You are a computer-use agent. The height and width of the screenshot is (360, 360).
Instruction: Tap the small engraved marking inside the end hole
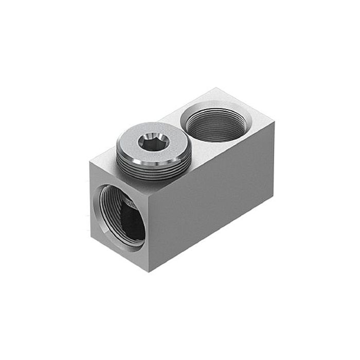(x=129, y=205)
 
